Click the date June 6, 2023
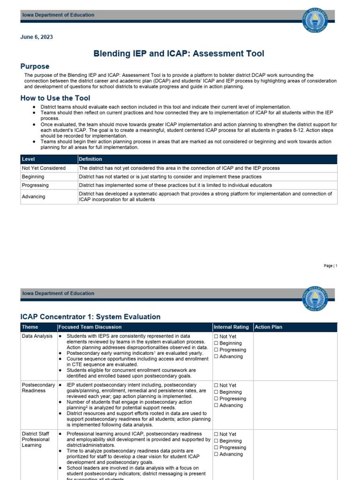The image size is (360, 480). (37, 37)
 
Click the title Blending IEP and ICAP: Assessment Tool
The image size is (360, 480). (180, 54)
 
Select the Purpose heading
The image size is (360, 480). (35, 67)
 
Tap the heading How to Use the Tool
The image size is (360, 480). (55, 98)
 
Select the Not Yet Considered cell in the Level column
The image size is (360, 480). (44, 168)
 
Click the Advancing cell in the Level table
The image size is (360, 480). (34, 197)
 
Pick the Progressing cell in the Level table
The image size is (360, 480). (36, 185)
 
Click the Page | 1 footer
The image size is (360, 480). (330, 266)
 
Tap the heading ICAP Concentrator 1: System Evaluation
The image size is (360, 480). (90, 317)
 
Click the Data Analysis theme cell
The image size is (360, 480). (37, 337)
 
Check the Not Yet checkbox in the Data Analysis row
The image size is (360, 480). (216, 337)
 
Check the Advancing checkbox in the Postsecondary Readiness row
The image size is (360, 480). (216, 405)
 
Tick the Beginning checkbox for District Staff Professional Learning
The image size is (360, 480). (216, 441)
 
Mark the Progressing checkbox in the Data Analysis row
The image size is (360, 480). (216, 350)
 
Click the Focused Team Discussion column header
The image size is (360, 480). (90, 327)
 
